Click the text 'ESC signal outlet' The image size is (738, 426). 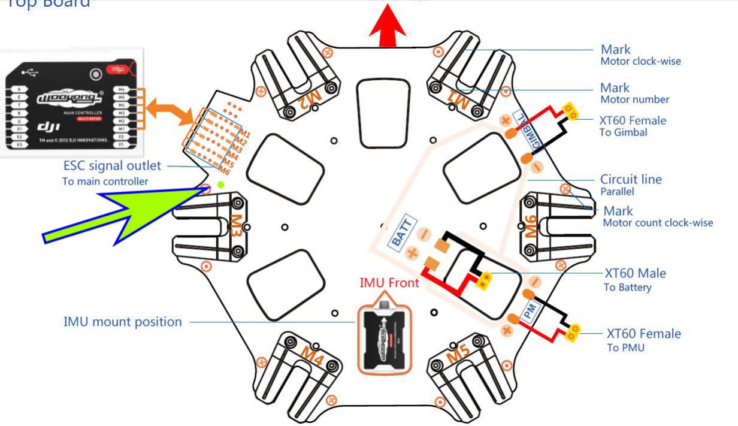(x=112, y=166)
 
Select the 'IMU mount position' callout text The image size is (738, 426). (x=123, y=322)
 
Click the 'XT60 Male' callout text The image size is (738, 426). (x=635, y=274)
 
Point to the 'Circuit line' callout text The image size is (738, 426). (x=631, y=179)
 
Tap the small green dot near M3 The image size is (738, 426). (x=221, y=185)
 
